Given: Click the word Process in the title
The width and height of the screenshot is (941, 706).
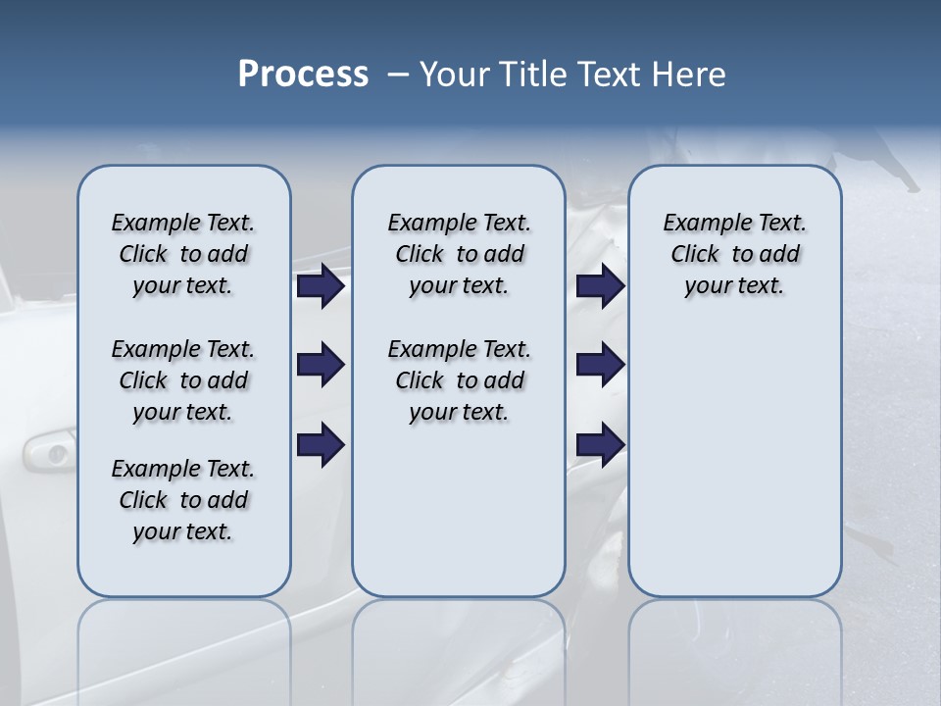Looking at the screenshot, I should tap(303, 75).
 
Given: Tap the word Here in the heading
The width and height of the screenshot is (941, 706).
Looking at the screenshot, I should tap(690, 75).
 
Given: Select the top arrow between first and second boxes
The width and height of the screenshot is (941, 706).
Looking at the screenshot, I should tap(320, 286).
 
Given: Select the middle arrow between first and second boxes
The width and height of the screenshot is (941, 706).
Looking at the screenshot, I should tap(320, 366).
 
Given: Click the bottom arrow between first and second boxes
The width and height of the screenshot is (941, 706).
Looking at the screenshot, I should tap(320, 445).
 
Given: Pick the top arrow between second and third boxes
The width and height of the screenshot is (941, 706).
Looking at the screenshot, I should tap(600, 286).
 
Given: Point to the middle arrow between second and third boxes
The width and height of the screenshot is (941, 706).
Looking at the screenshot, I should tap(600, 366).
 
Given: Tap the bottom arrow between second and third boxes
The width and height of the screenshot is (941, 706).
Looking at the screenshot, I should tap(600, 445).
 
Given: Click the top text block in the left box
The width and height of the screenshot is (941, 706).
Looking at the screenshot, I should tap(183, 254).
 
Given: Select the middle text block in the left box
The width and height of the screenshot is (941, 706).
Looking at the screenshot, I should tap(183, 380).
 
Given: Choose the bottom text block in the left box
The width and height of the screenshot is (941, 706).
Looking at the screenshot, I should tap(183, 500).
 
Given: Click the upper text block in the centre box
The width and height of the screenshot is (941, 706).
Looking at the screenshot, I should tap(459, 254).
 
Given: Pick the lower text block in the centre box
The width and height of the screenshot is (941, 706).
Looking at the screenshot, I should tap(459, 380).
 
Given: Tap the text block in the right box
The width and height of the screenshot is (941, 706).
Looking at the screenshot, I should tap(734, 254).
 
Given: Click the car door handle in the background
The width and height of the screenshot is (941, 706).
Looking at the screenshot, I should tap(49, 452).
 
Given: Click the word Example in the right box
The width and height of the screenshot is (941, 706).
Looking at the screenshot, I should tap(699, 224).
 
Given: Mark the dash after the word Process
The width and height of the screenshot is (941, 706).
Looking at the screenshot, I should tap(398, 76).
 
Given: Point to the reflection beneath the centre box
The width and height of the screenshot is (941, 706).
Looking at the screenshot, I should tap(459, 647).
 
